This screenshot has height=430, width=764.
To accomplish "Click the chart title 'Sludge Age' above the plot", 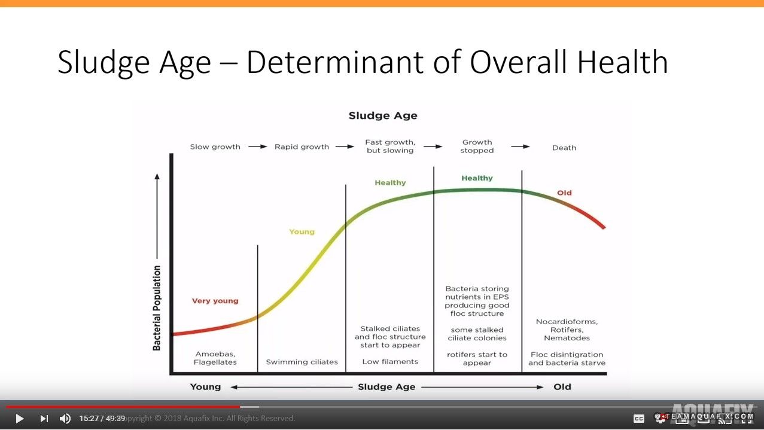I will [x=383, y=115].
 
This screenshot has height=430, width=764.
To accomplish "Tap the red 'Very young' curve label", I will [x=215, y=301].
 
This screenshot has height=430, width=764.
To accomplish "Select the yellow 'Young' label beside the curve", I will [x=302, y=231].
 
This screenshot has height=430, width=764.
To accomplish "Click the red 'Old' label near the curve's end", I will [x=564, y=193].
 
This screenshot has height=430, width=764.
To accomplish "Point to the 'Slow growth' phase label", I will [x=215, y=147].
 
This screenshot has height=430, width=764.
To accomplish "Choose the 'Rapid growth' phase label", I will [x=302, y=147].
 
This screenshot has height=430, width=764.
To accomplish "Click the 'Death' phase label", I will [x=564, y=148].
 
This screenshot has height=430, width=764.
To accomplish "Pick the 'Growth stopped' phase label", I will [x=477, y=147].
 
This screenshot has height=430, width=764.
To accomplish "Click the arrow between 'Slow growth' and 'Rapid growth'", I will [x=258, y=147].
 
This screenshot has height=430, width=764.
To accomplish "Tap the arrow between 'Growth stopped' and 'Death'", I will [x=521, y=147].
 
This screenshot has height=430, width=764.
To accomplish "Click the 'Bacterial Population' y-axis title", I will [x=157, y=308].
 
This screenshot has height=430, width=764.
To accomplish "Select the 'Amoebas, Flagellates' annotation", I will [x=215, y=358].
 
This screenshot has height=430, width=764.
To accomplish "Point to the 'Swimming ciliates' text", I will [x=302, y=362].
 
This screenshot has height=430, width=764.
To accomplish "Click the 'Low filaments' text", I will [x=390, y=361].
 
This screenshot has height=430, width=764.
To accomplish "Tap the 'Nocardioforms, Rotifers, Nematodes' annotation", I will [x=567, y=330].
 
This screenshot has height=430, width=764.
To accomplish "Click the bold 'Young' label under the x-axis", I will [x=205, y=387].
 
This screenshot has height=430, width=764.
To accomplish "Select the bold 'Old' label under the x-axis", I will [x=562, y=387].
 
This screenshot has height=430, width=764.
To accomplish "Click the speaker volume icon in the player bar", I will [x=65, y=419].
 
